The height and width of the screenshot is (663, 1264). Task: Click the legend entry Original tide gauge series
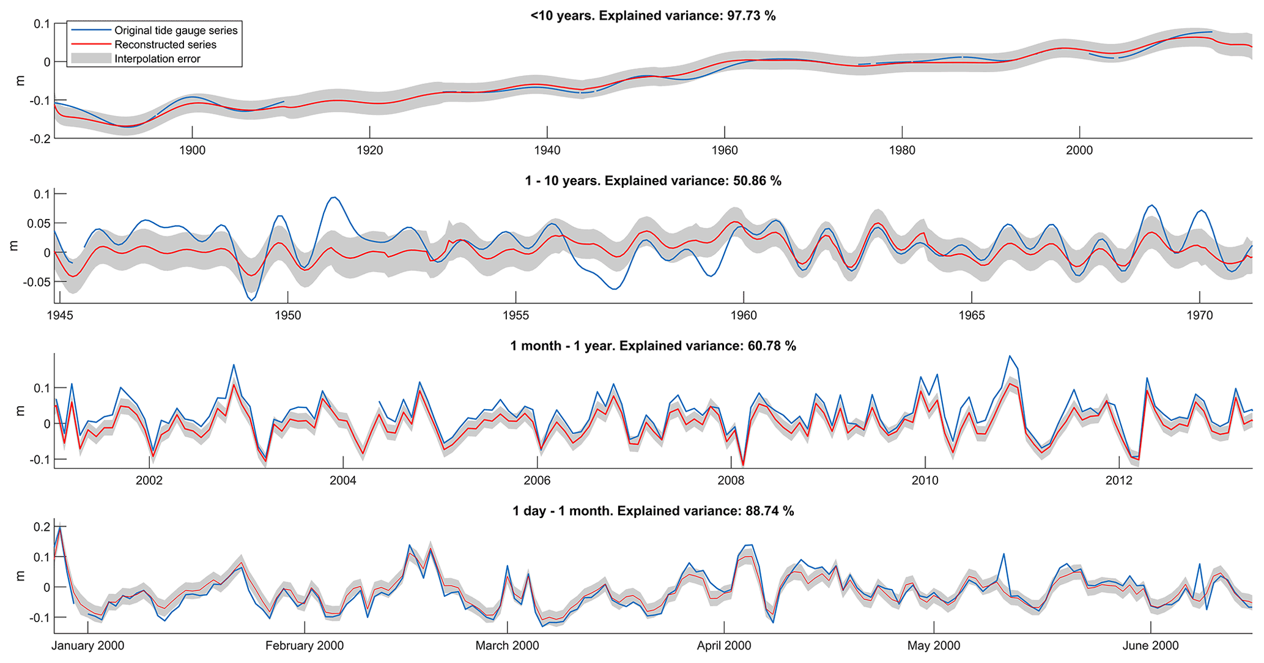[176, 31]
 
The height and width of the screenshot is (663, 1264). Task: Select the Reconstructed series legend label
[165, 45]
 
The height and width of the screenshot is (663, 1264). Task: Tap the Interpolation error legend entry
[157, 59]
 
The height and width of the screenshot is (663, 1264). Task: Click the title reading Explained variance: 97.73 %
[653, 16]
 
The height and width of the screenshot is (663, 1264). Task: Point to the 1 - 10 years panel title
[653, 181]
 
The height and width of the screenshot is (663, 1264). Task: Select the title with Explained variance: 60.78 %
[653, 346]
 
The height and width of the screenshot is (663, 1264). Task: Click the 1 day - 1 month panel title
[653, 511]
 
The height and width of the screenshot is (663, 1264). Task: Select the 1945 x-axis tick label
[60, 316]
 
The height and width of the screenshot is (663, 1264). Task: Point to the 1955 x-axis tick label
[516, 316]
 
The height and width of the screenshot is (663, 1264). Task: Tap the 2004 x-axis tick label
[343, 481]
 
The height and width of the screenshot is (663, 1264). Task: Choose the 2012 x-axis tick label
[1119, 481]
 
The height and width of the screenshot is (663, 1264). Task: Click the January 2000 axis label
[88, 646]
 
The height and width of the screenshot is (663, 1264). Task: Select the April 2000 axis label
[724, 646]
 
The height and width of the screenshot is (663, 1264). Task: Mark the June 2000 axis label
[1151, 646]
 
